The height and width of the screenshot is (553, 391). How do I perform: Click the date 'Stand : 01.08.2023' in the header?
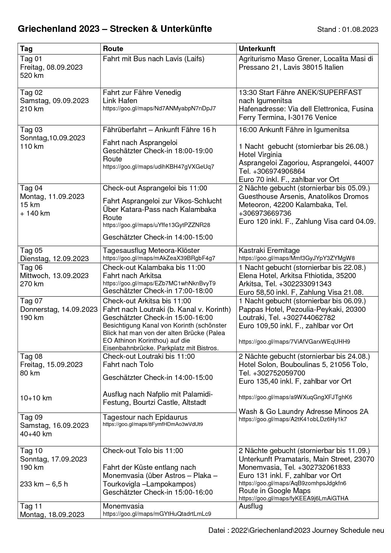click(x=347, y=30)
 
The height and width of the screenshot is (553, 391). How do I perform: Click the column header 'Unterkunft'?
click(x=257, y=49)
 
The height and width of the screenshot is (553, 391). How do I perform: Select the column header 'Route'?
click(x=113, y=49)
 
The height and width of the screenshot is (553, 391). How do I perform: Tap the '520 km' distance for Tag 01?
click(x=32, y=75)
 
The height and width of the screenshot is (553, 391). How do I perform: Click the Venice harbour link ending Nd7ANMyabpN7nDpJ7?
click(x=159, y=108)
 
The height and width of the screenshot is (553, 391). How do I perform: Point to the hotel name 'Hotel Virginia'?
click(x=260, y=154)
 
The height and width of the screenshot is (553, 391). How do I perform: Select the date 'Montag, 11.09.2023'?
click(x=52, y=196)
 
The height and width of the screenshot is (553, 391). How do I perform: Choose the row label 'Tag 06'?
click(x=31, y=267)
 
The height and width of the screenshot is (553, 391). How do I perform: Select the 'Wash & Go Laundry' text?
click(x=269, y=411)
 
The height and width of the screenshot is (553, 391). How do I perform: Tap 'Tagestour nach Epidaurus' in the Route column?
click(x=145, y=417)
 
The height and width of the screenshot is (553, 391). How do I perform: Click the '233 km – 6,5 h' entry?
click(x=44, y=484)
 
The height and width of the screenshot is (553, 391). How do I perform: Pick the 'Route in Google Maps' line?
click(x=274, y=491)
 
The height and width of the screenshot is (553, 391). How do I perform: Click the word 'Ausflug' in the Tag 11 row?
click(x=250, y=506)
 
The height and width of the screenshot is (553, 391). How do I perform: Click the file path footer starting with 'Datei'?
click(x=296, y=530)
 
